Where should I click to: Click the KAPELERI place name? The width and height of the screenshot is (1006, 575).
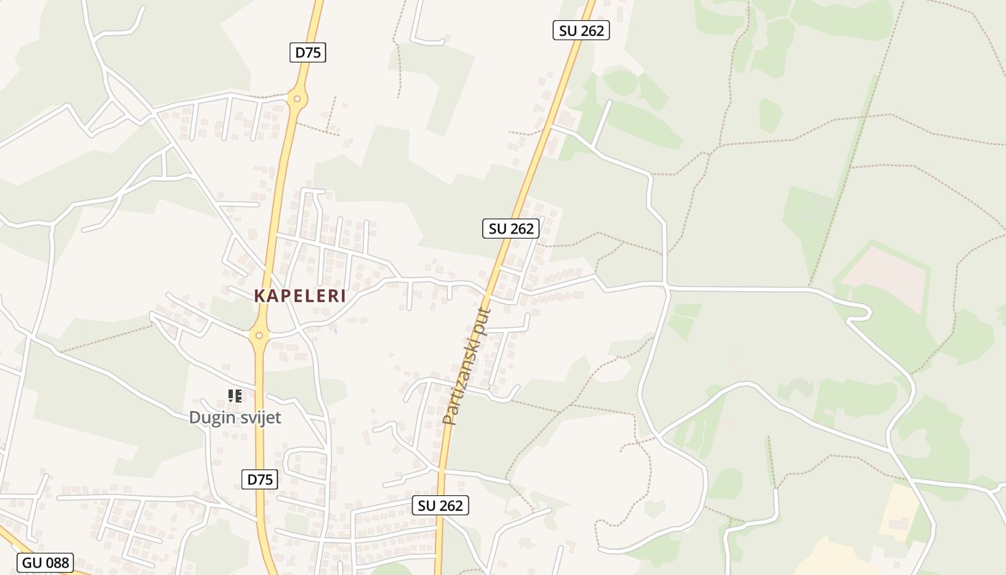pos(300,295)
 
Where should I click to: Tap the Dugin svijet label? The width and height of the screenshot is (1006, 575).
pos(235,418)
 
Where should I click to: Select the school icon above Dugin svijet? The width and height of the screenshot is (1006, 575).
pos(234,395)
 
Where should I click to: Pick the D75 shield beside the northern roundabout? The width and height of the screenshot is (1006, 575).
pos(308,52)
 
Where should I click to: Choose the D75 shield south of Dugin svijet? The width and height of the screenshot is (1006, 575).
pos(260,479)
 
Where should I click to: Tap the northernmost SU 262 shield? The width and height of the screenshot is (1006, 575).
pos(581,30)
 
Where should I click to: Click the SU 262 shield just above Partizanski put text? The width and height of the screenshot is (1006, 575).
pos(511,229)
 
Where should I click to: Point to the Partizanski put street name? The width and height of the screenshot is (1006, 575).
pos(467,367)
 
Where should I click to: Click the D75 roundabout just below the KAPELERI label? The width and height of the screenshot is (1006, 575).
pos(259,336)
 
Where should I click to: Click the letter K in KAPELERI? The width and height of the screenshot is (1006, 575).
pos(259,295)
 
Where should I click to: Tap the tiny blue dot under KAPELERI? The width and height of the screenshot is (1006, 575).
pos(336,331)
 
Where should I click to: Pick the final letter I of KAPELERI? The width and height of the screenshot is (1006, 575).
pos(343,295)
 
